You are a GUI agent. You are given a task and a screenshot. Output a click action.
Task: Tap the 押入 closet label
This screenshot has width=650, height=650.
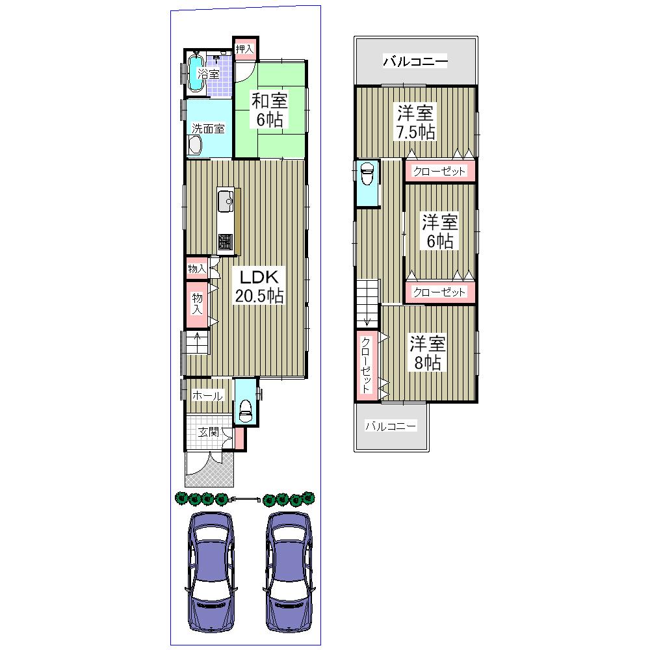click(244, 49)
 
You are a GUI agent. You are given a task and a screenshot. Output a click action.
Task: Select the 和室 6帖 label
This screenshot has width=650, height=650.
click(270, 110)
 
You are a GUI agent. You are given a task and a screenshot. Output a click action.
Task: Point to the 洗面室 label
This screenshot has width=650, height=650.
click(208, 129)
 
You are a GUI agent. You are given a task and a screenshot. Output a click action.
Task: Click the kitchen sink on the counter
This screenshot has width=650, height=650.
click(226, 201)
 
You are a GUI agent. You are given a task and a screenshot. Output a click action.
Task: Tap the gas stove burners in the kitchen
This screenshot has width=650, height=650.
click(226, 242)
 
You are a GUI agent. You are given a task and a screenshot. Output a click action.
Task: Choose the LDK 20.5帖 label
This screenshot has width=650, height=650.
click(259, 285)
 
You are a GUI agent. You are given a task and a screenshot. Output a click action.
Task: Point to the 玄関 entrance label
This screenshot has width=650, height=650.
click(207, 432)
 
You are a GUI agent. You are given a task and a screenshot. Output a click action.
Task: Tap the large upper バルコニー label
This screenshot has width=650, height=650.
click(415, 62)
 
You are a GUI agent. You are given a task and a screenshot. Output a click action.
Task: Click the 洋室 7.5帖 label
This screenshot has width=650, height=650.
click(416, 122)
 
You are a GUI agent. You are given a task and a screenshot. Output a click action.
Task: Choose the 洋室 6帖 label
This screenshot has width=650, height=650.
click(439, 231)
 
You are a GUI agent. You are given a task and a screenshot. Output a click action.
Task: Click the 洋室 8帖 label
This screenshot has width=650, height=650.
click(426, 352)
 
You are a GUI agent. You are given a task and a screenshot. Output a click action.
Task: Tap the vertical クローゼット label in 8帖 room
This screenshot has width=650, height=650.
click(366, 364)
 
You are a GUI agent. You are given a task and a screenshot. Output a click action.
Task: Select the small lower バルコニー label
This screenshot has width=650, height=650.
click(390, 426)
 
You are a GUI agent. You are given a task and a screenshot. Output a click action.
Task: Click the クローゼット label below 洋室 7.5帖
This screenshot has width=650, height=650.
click(439, 172)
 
